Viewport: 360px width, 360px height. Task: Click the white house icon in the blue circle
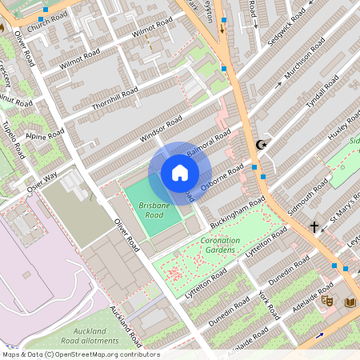(180, 173)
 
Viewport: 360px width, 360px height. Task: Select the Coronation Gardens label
(220, 244)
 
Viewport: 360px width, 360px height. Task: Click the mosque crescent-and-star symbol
(259, 146)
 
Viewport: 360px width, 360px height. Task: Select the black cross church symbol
(314, 227)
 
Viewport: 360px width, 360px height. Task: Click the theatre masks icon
(326, 302)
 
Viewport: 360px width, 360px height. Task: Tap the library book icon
(350, 302)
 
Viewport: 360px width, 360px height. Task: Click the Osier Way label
(41, 182)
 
